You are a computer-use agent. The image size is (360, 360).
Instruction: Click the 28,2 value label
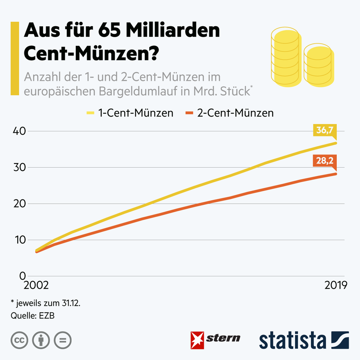(x=324, y=162)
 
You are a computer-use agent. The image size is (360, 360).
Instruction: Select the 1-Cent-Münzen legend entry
(x=130, y=113)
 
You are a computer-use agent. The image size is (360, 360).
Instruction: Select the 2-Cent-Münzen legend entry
(x=229, y=113)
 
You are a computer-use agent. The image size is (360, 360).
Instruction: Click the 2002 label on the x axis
(x=36, y=285)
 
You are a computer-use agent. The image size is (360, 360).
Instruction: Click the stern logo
(x=216, y=339)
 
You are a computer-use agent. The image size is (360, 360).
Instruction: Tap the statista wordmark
(x=292, y=340)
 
